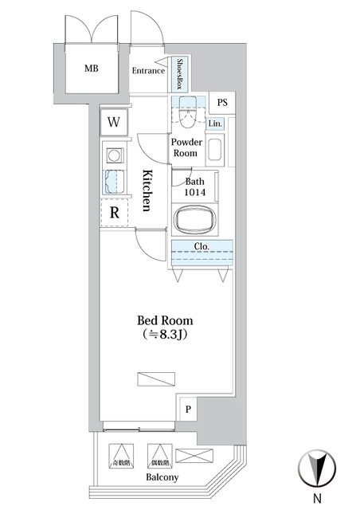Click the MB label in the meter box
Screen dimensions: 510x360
coord(92,68)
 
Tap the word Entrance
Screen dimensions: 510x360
coord(148,71)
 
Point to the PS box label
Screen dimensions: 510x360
coord(222,102)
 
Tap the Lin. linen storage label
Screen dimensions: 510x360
coord(215,124)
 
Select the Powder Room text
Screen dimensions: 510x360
coord(186,147)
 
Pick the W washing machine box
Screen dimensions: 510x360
coord(114,123)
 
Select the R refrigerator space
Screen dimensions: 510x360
coord(114,213)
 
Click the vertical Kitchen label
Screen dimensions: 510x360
coord(147,190)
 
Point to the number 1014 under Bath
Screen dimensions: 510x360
coord(196,193)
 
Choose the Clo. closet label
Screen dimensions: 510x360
coord(202,246)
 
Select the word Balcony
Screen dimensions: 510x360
coord(162,477)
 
